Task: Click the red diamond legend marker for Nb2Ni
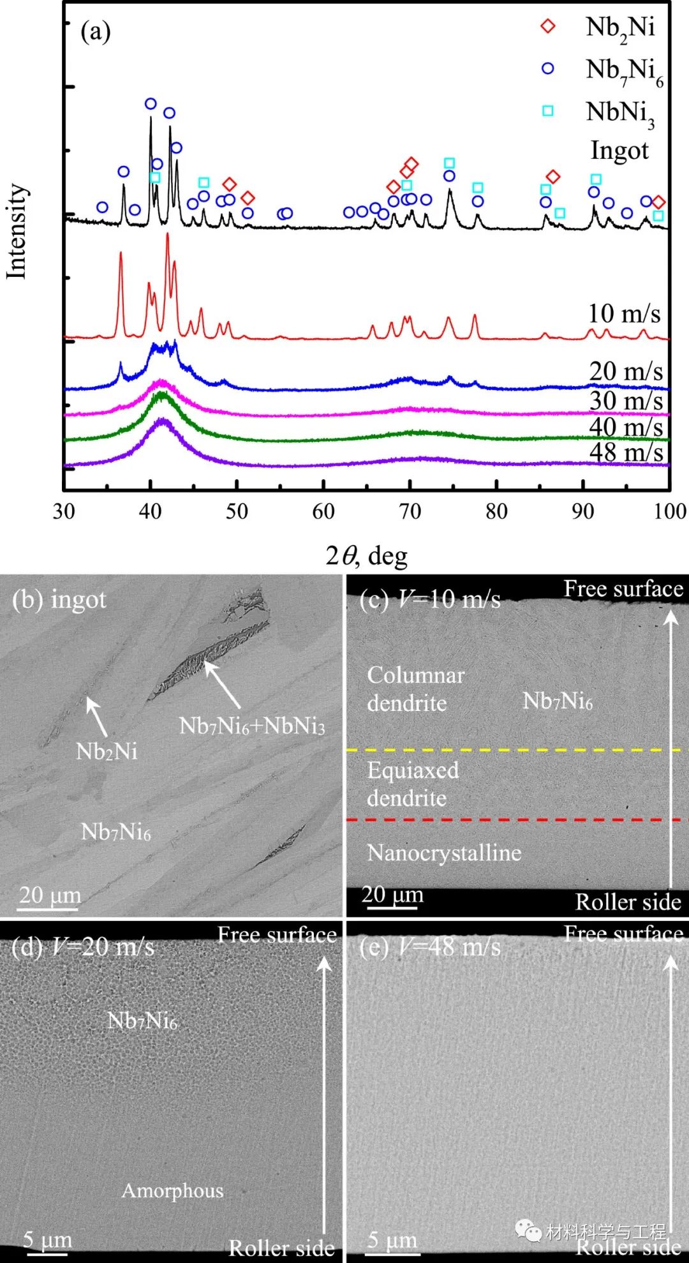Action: (548, 26)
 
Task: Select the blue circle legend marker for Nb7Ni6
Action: (548, 68)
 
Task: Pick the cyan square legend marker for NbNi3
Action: (548, 111)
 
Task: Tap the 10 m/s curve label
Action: (623, 313)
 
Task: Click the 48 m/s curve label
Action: (626, 452)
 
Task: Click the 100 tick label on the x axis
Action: (669, 511)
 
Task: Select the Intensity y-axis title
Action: (17, 231)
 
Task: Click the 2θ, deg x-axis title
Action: (366, 556)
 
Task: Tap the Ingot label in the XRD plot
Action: (619, 151)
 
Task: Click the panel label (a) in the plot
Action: (96, 31)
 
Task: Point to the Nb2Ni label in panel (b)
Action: (107, 751)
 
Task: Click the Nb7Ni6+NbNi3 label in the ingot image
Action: (252, 726)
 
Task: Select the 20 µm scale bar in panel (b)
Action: (49, 908)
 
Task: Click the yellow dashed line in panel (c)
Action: (517, 750)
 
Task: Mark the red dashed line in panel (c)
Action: (517, 819)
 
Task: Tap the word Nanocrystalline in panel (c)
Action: (444, 853)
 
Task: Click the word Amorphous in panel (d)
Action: (172, 1190)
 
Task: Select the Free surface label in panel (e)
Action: (623, 934)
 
